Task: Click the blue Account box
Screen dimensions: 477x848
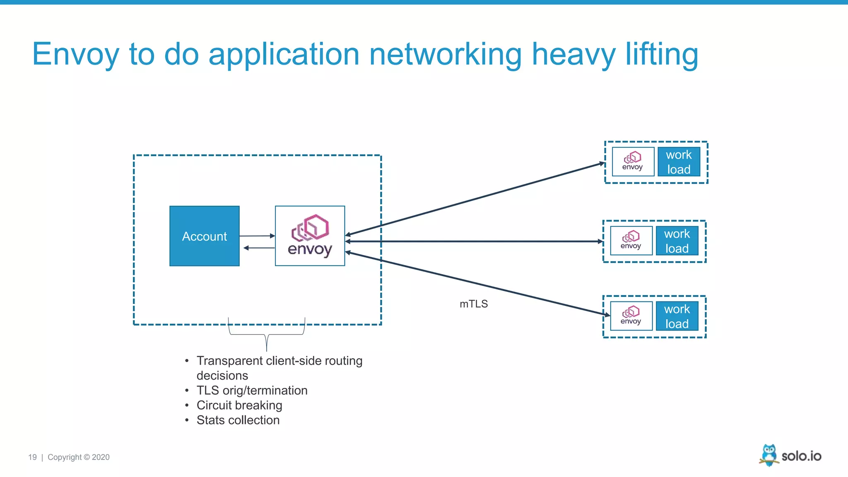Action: [205, 236]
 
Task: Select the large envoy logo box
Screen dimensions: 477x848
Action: [310, 236]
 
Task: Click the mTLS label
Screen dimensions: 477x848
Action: [474, 304]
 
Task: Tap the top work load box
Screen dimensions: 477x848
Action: [679, 162]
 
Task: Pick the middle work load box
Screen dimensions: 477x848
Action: [677, 241]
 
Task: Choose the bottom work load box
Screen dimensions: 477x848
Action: [677, 316]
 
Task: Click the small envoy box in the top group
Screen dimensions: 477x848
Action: [633, 162]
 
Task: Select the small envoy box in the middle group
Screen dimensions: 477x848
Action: [631, 241]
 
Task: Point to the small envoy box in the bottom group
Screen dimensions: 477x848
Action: [631, 316]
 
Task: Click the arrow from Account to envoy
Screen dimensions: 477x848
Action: [257, 236]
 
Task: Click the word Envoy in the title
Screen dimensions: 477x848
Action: [75, 55]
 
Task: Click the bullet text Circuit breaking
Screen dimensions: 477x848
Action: [239, 405]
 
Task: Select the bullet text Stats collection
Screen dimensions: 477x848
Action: [238, 420]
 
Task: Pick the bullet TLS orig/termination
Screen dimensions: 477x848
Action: [252, 390]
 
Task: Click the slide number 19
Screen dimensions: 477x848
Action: [32, 457]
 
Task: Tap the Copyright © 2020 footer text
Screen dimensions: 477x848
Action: [79, 457]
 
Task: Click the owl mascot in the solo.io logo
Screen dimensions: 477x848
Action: [769, 455]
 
